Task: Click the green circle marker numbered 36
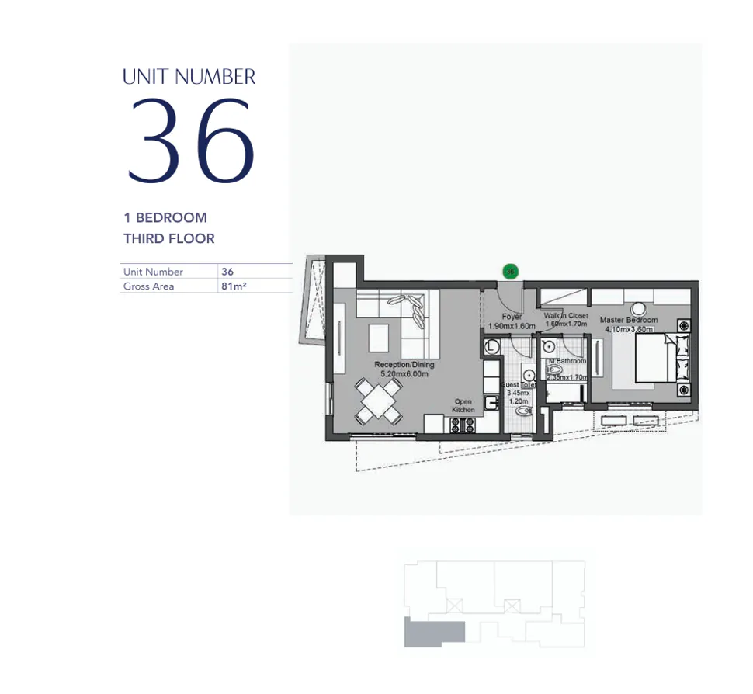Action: [510, 272]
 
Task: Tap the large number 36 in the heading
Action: [190, 141]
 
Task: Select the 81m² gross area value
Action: [234, 286]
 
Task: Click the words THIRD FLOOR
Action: [168, 238]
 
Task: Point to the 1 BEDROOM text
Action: [165, 218]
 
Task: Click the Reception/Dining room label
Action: [404, 364]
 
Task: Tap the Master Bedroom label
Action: [628, 320]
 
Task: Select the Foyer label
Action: [512, 317]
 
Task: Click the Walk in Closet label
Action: [565, 316]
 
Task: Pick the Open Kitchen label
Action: [463, 405]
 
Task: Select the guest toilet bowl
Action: [522, 415]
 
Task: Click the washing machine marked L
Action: [492, 347]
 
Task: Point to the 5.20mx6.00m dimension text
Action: [404, 373]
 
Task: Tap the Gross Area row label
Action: [148, 286]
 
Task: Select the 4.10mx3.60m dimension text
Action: [628, 328]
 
